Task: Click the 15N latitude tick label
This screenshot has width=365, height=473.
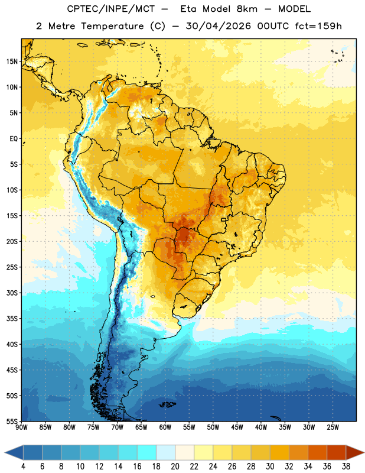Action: click(x=12, y=61)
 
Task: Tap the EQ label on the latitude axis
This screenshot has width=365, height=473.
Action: click(x=14, y=139)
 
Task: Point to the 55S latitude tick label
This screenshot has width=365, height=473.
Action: click(x=12, y=421)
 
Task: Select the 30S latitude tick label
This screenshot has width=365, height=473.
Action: click(x=12, y=293)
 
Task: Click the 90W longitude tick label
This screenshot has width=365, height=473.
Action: click(x=21, y=427)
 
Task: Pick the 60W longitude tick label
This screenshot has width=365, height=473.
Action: click(x=165, y=427)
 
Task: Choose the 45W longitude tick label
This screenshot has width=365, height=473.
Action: click(x=237, y=427)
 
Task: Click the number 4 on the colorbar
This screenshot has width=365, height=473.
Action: click(x=23, y=466)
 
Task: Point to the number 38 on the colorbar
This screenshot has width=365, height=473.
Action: click(x=346, y=466)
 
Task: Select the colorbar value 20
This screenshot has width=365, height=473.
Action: click(x=175, y=466)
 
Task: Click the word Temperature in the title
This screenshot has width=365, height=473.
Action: click(x=112, y=26)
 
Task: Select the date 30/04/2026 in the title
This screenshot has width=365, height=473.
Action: click(x=218, y=26)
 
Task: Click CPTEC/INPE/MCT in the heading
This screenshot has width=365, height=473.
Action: click(x=110, y=9)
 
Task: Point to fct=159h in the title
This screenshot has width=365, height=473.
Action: click(x=318, y=26)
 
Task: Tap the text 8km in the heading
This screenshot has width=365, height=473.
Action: click(x=247, y=9)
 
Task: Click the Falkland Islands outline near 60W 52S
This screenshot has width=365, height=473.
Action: click(x=168, y=404)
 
